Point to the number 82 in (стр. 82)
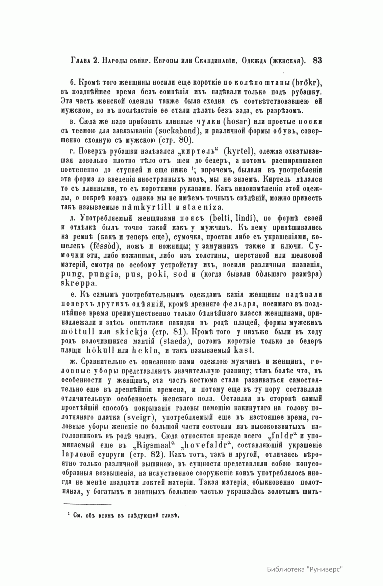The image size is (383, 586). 156,453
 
